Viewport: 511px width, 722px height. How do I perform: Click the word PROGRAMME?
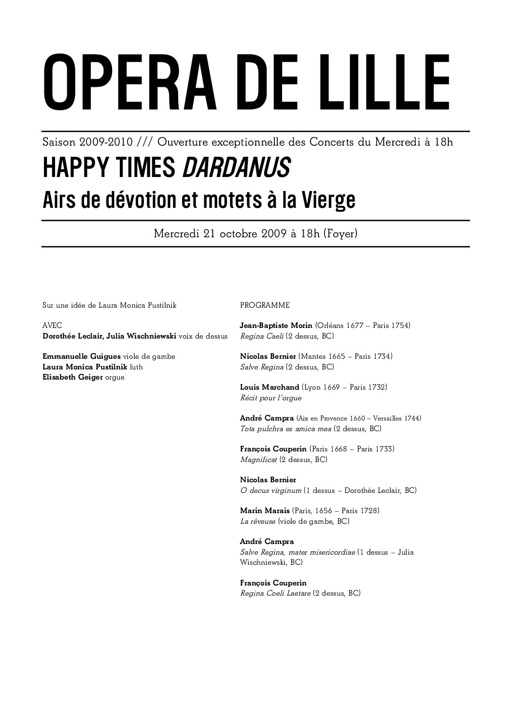pos(265,305)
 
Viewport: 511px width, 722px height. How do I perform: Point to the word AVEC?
pos(52,326)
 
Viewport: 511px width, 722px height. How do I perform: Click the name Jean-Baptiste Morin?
pos(276,326)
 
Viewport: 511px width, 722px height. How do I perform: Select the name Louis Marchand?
pos(270,387)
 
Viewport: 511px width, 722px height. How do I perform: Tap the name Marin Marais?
pos(264,510)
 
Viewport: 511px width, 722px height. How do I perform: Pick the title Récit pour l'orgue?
pos(270,398)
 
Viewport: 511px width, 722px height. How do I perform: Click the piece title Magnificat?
pos(258,460)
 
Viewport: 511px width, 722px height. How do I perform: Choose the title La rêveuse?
pos(258,521)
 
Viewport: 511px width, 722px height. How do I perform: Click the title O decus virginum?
pos(270,490)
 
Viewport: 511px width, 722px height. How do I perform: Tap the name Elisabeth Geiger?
pos(72,377)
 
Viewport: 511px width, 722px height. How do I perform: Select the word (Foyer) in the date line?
pos(341,234)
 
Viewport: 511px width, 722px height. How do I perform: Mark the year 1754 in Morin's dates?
pos(400,326)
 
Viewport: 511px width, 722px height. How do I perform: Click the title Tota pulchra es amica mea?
pos(285,429)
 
